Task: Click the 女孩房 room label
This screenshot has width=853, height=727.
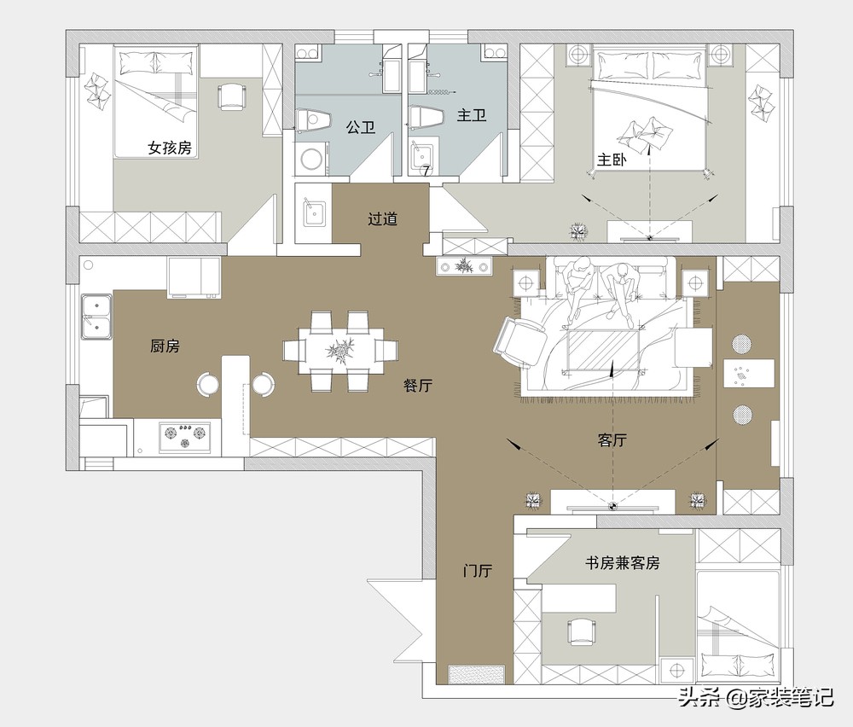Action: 170,148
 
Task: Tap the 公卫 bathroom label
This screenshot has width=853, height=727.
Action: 361,128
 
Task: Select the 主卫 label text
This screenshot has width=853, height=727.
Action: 472,115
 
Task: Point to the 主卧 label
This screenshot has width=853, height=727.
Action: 612,160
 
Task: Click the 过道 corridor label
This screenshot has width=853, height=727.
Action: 382,218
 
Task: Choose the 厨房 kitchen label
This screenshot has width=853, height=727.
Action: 165,346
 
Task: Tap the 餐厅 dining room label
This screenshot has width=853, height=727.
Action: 418,386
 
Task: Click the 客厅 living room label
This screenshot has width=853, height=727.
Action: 612,439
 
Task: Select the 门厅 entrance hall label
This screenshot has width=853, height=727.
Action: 478,571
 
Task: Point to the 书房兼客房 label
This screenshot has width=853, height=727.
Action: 623,562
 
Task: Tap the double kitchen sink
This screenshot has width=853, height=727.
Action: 96,317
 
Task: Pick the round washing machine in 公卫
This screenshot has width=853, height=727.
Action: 311,159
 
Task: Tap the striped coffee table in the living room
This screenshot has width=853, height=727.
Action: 603,351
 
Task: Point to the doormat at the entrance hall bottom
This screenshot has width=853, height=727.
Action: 477,674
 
